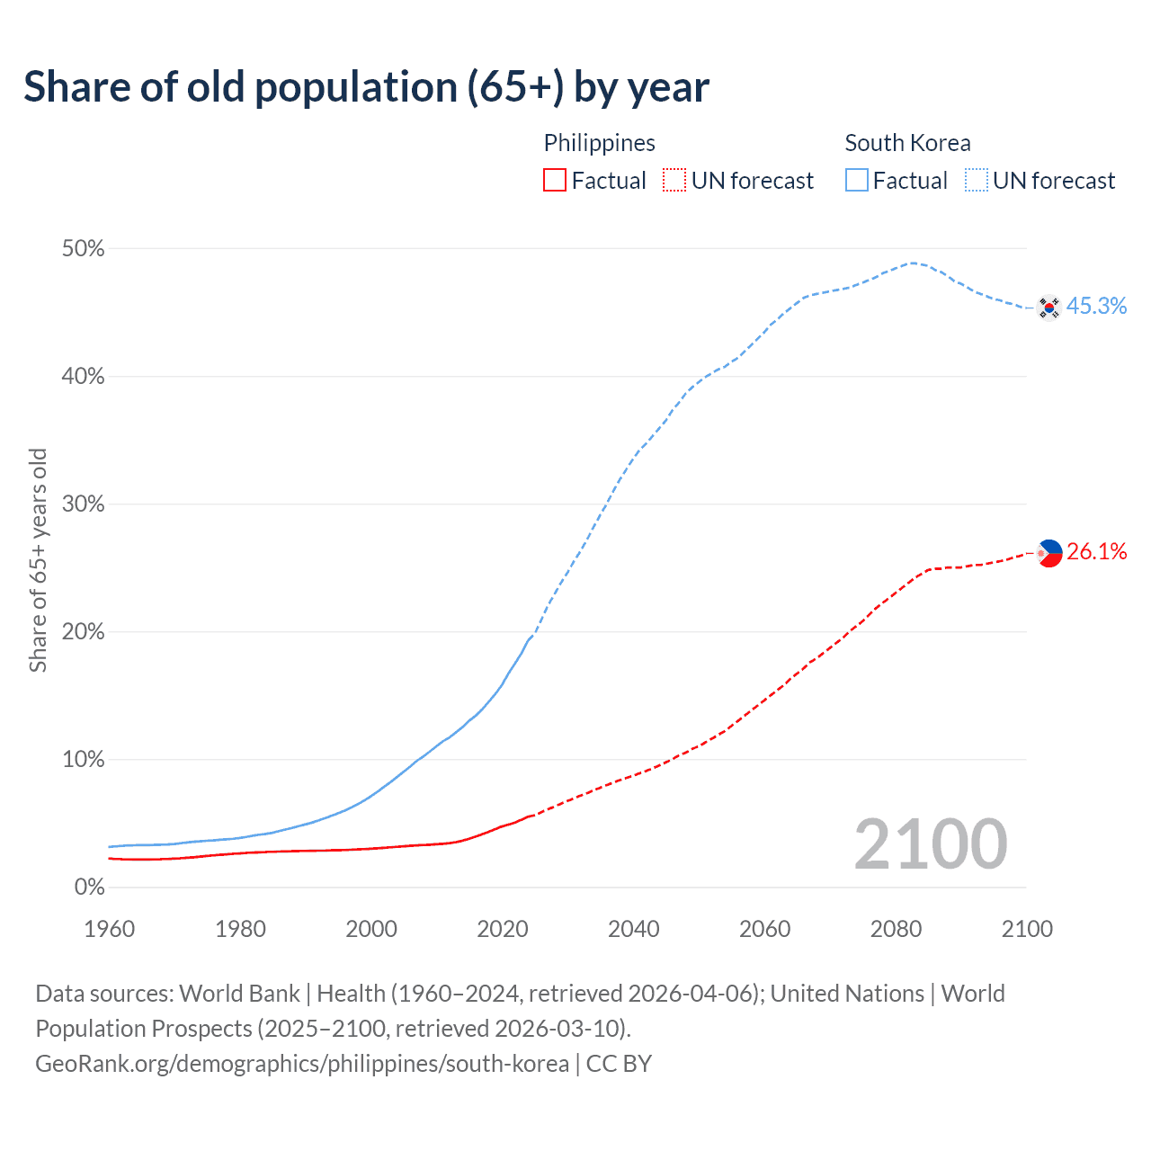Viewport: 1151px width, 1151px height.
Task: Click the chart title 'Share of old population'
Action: tap(366, 87)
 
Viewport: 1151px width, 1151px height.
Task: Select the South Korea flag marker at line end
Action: tap(1048, 308)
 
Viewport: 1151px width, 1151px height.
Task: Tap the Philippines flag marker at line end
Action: tap(1049, 553)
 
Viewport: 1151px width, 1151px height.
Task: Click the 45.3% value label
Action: tap(1096, 307)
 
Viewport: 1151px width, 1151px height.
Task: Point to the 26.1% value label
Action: tap(1097, 552)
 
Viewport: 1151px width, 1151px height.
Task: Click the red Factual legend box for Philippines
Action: tap(555, 181)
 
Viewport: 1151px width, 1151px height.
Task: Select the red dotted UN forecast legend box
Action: tap(674, 181)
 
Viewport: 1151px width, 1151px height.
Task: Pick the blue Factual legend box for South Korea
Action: tap(856, 181)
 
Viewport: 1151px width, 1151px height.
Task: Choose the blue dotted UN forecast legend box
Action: tap(976, 181)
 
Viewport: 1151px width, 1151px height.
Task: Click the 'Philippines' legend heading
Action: tap(599, 143)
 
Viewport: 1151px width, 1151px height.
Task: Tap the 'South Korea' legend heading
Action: tap(907, 143)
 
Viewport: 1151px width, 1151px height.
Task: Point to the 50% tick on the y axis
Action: tap(83, 249)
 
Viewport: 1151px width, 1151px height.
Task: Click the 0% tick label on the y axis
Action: tap(89, 888)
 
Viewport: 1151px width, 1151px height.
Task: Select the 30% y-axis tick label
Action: tap(83, 504)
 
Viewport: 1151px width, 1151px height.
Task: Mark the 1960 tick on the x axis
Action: tap(109, 929)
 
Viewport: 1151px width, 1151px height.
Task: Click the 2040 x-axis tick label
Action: tap(633, 929)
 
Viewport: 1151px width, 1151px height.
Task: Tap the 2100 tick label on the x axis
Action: tap(1026, 929)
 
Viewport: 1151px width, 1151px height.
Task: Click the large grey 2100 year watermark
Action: tap(930, 844)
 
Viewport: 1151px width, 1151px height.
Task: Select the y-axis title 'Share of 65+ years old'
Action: tap(38, 559)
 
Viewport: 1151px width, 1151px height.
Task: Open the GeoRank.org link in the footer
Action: tap(302, 1064)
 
